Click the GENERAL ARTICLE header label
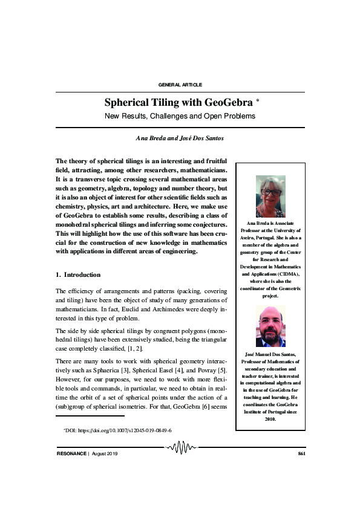[180, 84]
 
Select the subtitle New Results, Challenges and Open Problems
[180, 116]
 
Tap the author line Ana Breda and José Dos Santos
[180, 138]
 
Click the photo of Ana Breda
[270, 196]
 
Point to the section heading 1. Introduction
[78, 275]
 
